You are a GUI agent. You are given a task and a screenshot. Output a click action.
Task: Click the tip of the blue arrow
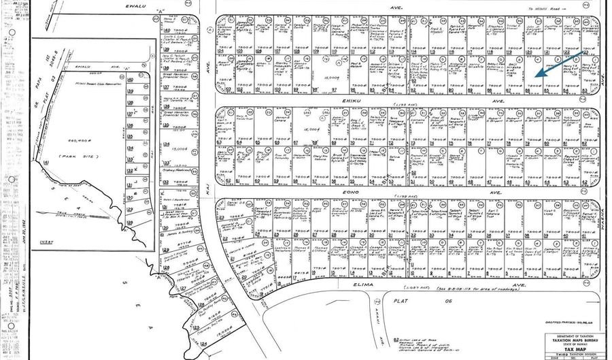pyautogui.click(x=534, y=76)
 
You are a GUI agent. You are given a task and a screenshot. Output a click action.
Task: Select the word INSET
pyautogui.click(x=46, y=242)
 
